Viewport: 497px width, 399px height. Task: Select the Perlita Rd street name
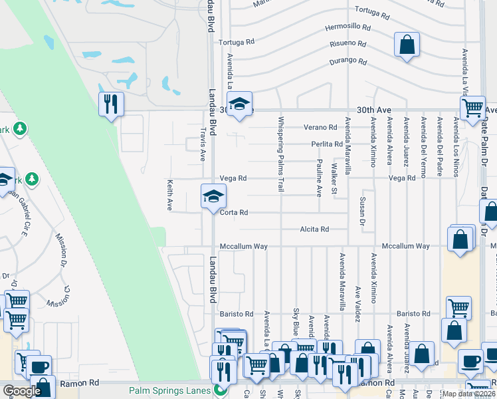click(x=326, y=144)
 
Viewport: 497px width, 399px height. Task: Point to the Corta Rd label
click(x=234, y=213)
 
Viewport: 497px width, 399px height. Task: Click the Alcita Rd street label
click(x=315, y=229)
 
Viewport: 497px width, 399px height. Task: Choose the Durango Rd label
click(x=349, y=62)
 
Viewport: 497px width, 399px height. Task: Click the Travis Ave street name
click(x=203, y=144)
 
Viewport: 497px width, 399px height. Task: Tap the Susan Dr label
click(x=362, y=209)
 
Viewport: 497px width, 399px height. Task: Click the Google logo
click(x=22, y=391)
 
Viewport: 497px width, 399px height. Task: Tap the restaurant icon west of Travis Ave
click(x=111, y=104)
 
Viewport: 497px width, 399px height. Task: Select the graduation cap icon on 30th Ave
click(x=239, y=104)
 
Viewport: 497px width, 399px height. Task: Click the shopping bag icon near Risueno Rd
click(x=407, y=45)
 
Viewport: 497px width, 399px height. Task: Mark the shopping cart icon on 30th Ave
click(x=472, y=108)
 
